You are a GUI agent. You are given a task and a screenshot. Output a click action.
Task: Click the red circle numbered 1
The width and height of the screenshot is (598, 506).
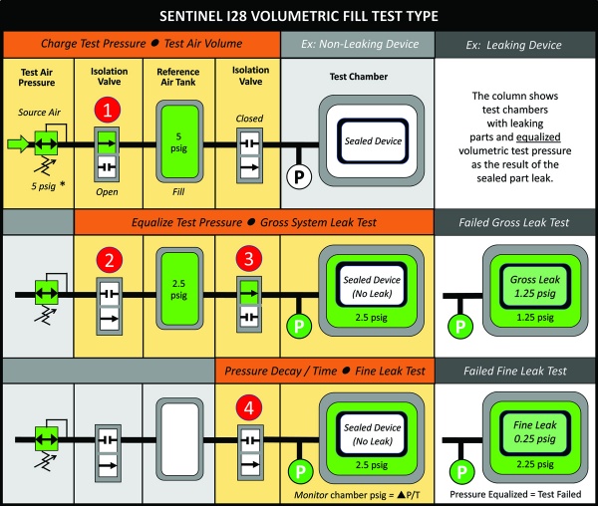click(109, 108)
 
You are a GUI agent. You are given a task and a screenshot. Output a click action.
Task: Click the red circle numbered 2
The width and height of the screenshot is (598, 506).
click(109, 260)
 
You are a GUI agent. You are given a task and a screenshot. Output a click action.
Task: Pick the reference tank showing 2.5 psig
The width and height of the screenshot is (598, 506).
click(178, 296)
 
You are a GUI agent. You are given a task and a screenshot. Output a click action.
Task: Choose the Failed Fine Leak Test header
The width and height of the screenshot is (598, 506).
click(515, 371)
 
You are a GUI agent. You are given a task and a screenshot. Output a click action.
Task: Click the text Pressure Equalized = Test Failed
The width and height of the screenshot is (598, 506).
click(515, 493)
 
